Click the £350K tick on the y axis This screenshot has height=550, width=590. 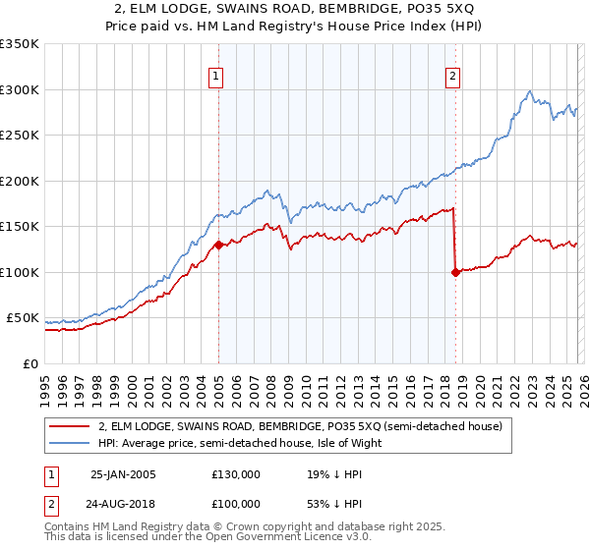[x=20, y=44]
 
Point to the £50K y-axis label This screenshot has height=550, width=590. [x=23, y=318]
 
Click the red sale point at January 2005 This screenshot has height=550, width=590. [x=218, y=246]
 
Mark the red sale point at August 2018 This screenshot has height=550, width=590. [x=455, y=273]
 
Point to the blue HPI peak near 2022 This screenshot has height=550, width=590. [x=529, y=91]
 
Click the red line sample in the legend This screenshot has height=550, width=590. [x=72, y=426]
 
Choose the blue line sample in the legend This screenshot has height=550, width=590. [x=72, y=443]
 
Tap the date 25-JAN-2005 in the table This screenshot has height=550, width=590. [x=123, y=473]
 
